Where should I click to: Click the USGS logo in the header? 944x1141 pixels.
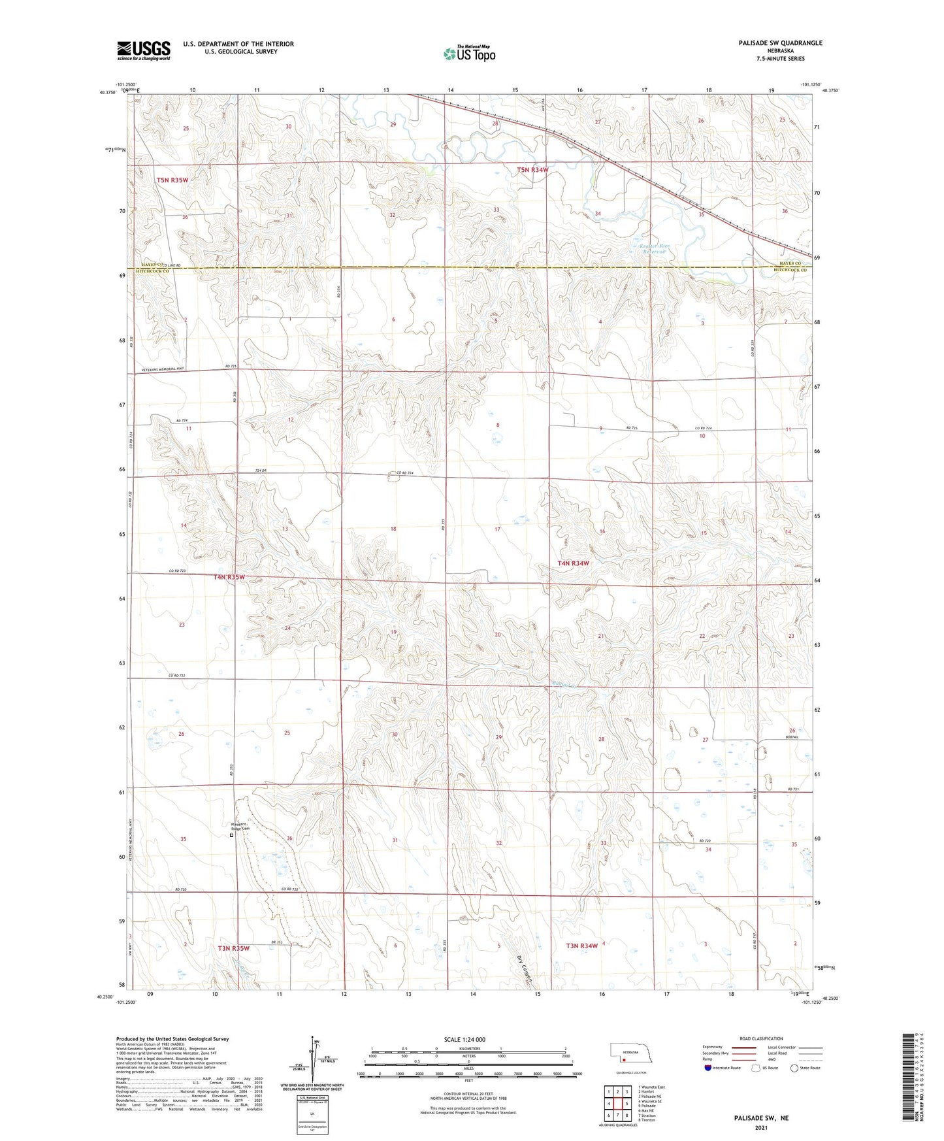pos(144,50)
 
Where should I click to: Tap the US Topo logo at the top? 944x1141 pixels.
pos(468,54)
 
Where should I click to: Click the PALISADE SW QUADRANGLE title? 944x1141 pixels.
pos(775,43)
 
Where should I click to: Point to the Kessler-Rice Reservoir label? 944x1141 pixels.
pos(656,248)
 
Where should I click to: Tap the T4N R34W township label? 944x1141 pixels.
pos(573,563)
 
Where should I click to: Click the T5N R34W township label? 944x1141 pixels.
pos(532,170)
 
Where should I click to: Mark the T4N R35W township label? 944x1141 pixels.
pos(229,577)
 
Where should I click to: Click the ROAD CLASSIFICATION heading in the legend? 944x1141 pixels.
pos(761,1038)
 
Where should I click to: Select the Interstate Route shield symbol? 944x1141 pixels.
pos(708,1068)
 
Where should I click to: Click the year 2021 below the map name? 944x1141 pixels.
pos(761,1127)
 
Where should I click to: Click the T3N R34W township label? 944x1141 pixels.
pos(582,946)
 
